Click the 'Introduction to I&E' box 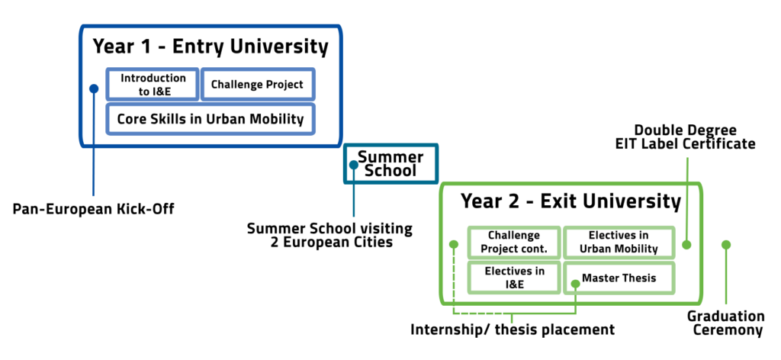(153, 84)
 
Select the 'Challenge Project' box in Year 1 (258, 84)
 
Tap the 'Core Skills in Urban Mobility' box (211, 119)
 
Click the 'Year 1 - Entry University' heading (211, 47)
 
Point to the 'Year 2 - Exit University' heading (570, 201)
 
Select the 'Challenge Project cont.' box (514, 242)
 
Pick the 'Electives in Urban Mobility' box (619, 242)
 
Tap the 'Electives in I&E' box (514, 278)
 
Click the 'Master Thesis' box (619, 278)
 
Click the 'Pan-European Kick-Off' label (94, 209)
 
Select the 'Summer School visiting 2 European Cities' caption (330, 236)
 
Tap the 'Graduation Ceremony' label (726, 323)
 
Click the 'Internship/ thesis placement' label (513, 329)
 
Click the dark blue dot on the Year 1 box (94, 88)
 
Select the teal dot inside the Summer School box (354, 164)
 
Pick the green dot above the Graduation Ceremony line (726, 245)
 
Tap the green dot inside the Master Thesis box (575, 283)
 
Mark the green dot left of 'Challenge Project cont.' (453, 245)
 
